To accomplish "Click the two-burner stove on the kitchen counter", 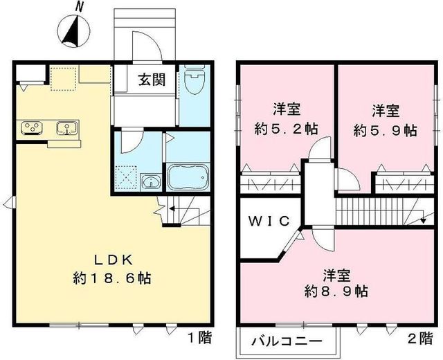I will [31, 127].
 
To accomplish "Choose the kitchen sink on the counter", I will [66, 127].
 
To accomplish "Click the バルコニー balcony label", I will [286, 342].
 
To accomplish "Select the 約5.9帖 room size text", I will [385, 129].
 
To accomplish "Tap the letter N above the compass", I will [80, 7].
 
